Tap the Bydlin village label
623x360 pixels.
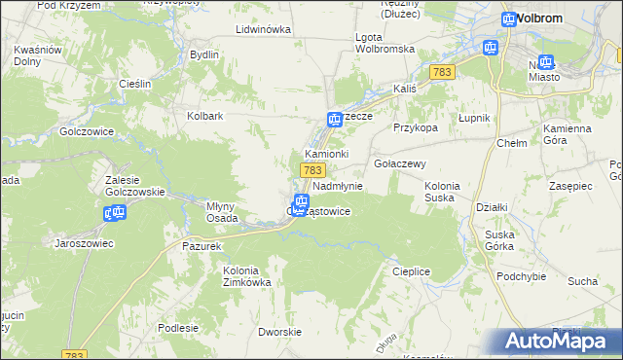pos(204,54)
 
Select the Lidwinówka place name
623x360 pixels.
pos(264,29)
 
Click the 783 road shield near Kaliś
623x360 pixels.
pos(443,72)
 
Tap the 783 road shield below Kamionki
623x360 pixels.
pos(312,170)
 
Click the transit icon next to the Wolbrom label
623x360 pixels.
pos(509,18)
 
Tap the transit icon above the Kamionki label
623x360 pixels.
pos(333,119)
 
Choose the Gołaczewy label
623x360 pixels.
pos(399,163)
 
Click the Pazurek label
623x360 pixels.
pos(202,247)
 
